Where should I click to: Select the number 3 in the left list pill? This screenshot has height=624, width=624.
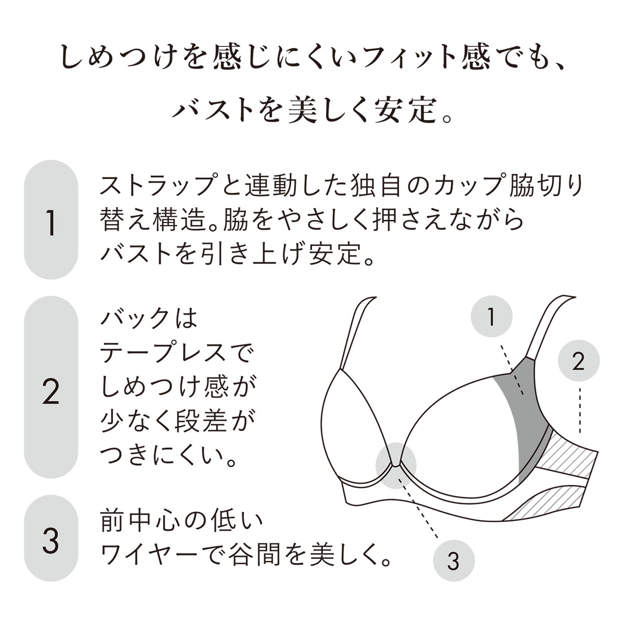(51, 540)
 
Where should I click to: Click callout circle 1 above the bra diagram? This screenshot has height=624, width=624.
(491, 316)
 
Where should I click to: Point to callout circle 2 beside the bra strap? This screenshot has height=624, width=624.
(579, 360)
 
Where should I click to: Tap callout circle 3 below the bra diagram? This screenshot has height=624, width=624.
(453, 561)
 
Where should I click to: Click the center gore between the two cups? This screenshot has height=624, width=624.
(396, 465)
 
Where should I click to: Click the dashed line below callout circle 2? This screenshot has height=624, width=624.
(580, 410)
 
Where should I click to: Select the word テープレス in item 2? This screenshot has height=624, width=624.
(162, 353)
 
